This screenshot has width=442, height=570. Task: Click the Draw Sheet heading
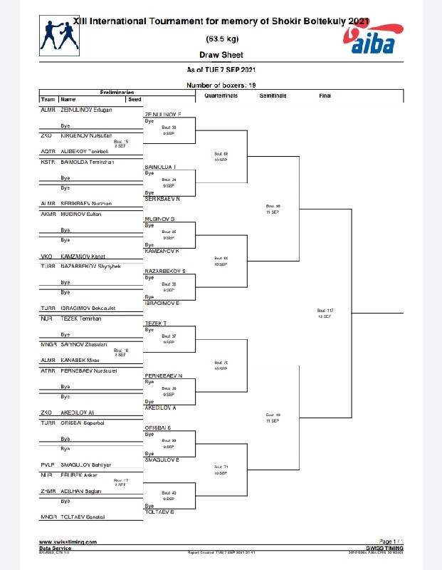click(221, 55)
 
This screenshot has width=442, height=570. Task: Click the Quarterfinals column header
click(221, 95)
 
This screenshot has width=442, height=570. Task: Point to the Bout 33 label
click(169, 128)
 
